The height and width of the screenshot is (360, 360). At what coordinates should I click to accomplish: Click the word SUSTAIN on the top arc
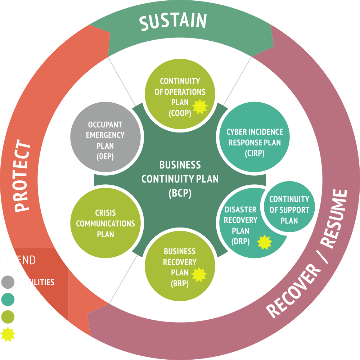tap(173, 21)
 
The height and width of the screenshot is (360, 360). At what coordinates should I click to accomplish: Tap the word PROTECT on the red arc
tap(22, 176)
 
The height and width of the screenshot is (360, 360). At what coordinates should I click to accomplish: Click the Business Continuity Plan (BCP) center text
tap(180, 179)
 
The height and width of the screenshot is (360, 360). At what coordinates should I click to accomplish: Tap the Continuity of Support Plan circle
tap(289, 209)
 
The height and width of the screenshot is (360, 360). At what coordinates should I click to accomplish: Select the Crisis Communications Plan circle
tap(105, 223)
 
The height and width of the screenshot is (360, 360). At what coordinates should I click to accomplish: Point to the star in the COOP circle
tap(200, 107)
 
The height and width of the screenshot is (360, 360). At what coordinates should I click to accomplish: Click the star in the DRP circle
tap(265, 242)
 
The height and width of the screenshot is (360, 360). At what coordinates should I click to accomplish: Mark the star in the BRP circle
tap(199, 275)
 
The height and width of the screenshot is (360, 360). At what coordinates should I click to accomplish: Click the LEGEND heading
tap(18, 260)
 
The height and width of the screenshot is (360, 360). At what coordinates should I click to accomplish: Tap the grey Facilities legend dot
tap(8, 282)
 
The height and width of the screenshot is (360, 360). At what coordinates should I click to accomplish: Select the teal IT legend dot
tap(8, 300)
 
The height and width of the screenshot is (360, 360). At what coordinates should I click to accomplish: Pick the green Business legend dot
tap(8, 317)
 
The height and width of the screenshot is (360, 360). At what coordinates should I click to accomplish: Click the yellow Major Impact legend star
tap(8, 334)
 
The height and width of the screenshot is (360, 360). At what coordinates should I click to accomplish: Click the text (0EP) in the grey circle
tap(105, 157)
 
